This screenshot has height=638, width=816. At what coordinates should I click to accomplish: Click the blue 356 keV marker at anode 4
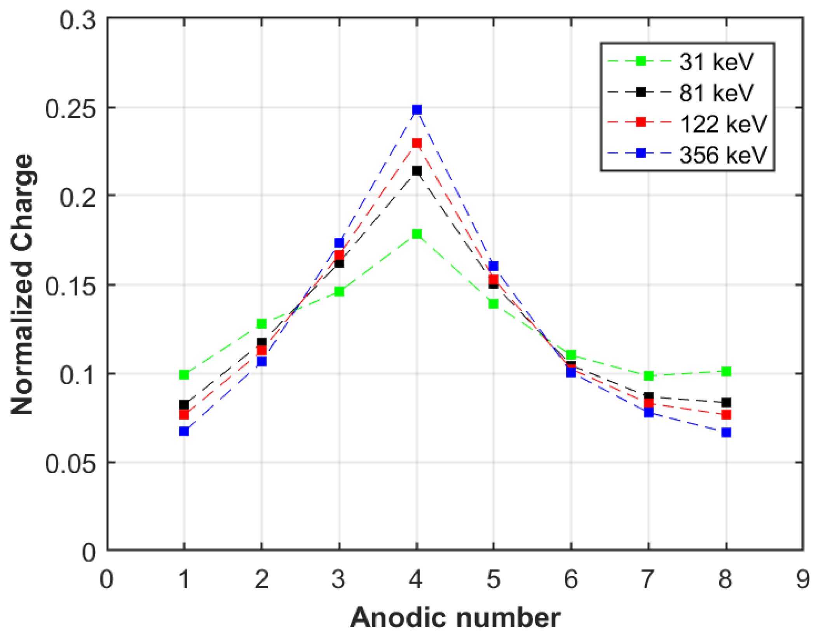click(x=417, y=110)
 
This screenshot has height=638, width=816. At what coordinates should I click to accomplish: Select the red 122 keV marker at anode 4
click(x=417, y=143)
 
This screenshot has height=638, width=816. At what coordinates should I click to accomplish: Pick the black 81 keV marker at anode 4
click(x=417, y=171)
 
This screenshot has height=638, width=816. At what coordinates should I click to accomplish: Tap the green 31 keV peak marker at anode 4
click(x=417, y=234)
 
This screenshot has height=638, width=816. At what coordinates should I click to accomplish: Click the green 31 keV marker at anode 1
click(x=184, y=375)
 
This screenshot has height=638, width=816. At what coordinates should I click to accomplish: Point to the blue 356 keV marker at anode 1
click(x=184, y=431)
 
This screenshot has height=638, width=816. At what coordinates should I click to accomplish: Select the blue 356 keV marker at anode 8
click(x=726, y=432)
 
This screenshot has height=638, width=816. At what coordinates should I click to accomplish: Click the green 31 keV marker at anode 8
click(x=726, y=371)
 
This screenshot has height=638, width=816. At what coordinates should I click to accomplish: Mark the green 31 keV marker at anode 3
click(x=339, y=291)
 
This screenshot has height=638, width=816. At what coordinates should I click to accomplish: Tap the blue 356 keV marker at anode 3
click(x=339, y=243)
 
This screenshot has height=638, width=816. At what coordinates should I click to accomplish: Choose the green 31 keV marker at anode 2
click(x=262, y=324)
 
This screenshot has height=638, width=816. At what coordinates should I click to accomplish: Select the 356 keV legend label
click(x=723, y=154)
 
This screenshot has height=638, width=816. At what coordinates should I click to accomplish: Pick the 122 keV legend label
click(x=723, y=124)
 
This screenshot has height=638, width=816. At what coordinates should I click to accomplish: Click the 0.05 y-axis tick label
click(x=70, y=463)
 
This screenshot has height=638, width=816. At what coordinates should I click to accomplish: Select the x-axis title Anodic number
click(x=455, y=618)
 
